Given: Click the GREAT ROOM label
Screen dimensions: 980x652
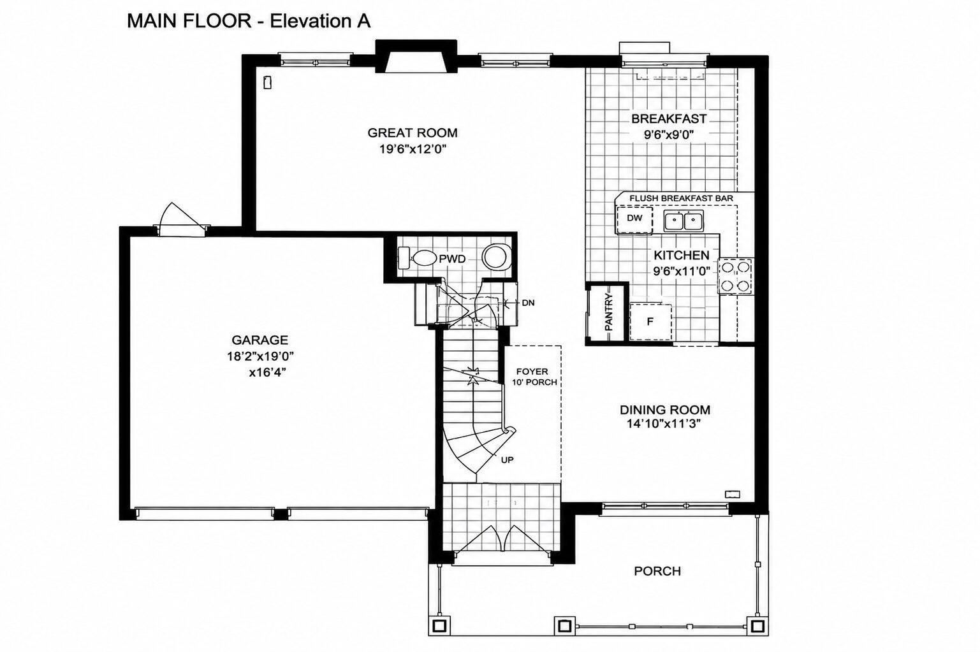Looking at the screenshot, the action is point(412,133).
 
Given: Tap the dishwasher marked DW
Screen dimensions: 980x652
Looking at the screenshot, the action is point(634,221).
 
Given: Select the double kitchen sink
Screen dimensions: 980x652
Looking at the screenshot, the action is point(684,221).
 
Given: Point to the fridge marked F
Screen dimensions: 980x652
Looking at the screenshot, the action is point(650,321).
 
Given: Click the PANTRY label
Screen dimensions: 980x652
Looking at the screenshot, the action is point(608,312).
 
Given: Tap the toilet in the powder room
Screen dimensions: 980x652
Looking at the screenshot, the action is point(418,258).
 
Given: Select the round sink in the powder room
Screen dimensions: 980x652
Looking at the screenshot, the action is point(497,257).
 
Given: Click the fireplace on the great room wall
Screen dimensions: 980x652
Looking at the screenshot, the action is point(416,56).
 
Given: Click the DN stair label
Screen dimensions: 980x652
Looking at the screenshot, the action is point(528,303).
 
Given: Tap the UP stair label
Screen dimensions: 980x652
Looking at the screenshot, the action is point(507,460).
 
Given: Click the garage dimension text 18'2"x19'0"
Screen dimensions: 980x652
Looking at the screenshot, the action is point(260,356).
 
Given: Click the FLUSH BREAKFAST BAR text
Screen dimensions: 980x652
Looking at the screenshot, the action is point(681,198).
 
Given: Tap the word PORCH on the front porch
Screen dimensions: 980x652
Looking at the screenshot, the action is point(657,571).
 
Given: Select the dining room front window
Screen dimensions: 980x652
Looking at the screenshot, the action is point(665,507).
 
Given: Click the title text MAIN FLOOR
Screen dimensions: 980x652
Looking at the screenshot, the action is point(189,21).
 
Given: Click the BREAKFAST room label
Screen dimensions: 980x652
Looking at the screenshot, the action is point(669,119).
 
